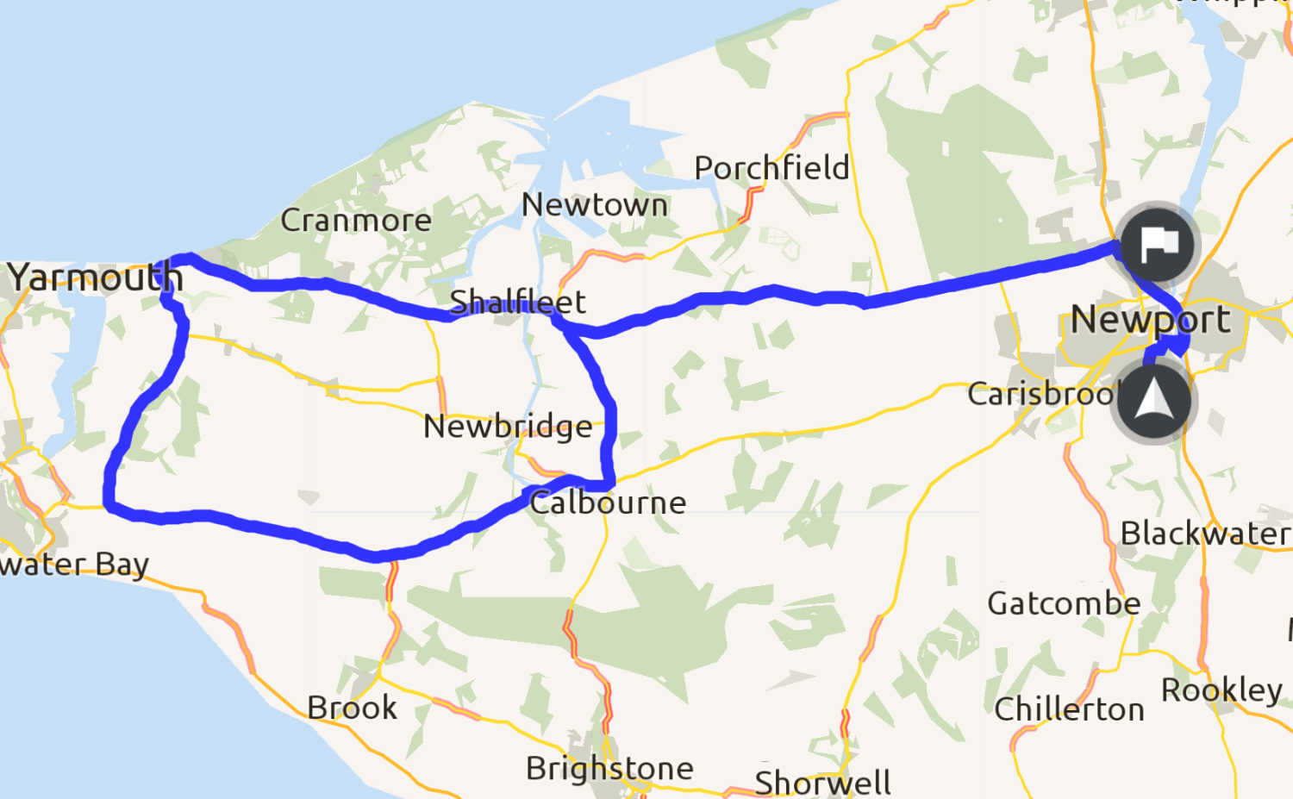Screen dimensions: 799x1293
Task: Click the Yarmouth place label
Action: (95, 278)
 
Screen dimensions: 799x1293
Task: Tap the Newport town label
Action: (1150, 320)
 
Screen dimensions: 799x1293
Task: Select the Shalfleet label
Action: (517, 302)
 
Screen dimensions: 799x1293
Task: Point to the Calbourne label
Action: (608, 502)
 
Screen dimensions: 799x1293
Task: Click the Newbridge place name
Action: (508, 427)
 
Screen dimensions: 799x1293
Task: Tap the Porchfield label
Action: (771, 168)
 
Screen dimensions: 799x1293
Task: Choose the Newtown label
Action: (595, 205)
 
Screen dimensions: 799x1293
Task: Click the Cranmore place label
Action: (356, 221)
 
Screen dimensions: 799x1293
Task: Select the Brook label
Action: (352, 708)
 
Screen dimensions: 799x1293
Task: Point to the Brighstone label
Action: (609, 768)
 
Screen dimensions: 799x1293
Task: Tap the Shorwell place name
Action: (822, 783)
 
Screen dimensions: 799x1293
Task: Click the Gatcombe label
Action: (1064, 603)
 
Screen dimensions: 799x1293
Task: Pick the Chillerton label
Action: (1069, 709)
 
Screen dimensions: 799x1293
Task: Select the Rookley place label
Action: (1221, 690)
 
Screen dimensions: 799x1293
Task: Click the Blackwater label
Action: (1204, 534)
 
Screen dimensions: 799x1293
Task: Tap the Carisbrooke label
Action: (1041, 394)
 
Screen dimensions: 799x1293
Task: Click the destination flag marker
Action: (1158, 245)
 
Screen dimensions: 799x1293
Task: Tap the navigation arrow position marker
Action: (1152, 402)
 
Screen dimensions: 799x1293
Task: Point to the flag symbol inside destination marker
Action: (1159, 244)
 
